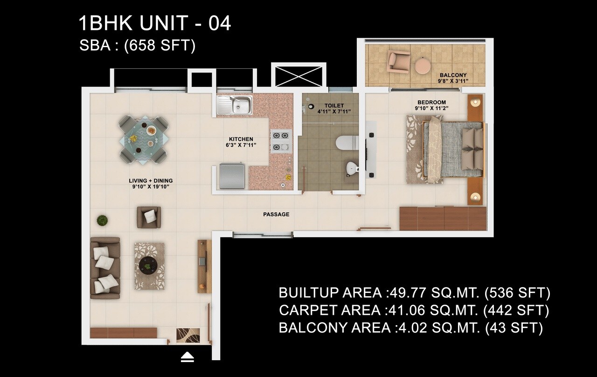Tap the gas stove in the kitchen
point(281,141)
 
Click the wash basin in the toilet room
point(351,168)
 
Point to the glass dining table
point(144,139)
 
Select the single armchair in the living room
point(149,217)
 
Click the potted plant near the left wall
point(102,220)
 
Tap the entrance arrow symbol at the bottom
point(187,357)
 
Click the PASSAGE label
point(276,214)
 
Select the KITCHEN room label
point(241,139)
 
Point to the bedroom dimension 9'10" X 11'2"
point(431,109)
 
